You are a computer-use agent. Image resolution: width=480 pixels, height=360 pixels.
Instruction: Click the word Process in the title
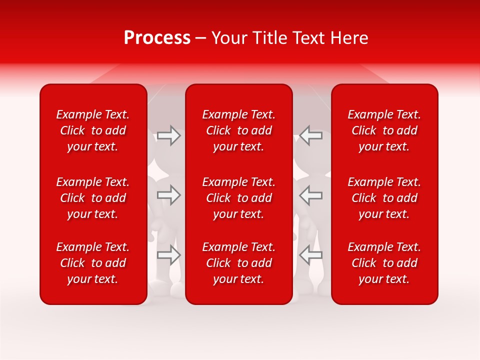[x=157, y=38]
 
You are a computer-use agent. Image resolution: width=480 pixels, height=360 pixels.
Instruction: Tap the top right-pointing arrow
[x=169, y=135]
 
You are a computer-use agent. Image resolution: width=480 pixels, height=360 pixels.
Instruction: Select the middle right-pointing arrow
[x=169, y=195]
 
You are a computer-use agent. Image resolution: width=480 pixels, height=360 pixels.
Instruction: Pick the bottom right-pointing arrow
[x=169, y=255]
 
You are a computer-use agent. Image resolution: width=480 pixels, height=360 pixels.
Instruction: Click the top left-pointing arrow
[x=310, y=135]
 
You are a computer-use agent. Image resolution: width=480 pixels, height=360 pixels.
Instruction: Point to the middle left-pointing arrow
[x=310, y=195]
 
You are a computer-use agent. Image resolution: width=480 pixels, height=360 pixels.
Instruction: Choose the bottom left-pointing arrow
[x=310, y=255]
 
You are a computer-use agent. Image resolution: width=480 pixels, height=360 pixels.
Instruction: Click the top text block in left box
[x=93, y=130]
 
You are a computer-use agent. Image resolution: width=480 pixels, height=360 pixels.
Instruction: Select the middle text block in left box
[x=93, y=198]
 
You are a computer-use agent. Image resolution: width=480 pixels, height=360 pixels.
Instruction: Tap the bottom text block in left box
[x=93, y=263]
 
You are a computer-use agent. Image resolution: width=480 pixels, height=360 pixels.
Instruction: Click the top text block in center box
[x=239, y=130]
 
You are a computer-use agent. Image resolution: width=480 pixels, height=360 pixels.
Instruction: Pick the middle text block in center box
[x=239, y=198]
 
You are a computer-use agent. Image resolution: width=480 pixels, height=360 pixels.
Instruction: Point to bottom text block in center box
[x=239, y=263]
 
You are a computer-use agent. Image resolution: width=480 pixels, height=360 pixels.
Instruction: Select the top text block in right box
[x=384, y=130]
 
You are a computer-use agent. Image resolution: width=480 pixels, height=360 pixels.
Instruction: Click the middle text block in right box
[x=384, y=198]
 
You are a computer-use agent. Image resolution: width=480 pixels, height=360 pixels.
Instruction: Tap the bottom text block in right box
[x=384, y=263]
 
